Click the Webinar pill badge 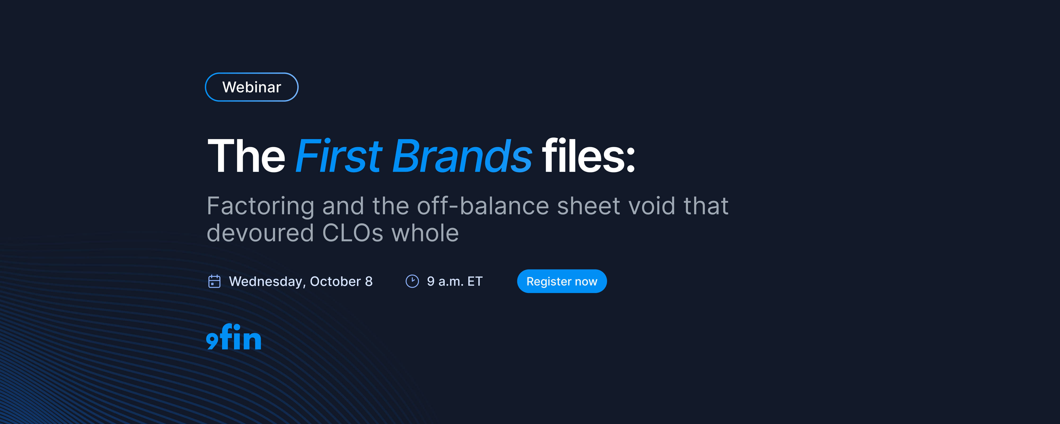coord(251,87)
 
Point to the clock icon coord(412,282)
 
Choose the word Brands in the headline coord(462,156)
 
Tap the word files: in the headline coord(588,156)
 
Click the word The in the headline coord(246,156)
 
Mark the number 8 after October coord(369,282)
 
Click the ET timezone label coord(475,282)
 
